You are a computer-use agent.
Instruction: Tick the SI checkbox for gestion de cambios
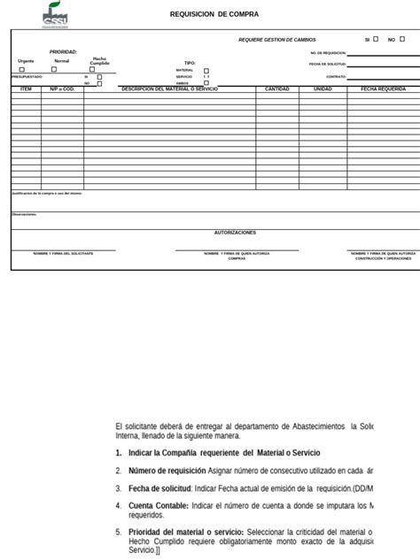click(x=375, y=39)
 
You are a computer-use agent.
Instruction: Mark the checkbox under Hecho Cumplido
click(x=99, y=69)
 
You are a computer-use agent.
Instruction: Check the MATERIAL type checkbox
click(x=206, y=70)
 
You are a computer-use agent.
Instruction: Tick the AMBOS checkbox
click(x=206, y=83)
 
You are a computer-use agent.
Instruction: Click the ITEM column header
click(x=26, y=89)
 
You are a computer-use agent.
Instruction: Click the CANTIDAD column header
click(x=277, y=89)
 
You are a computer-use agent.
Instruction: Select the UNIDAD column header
click(x=323, y=89)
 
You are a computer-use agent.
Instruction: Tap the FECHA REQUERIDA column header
click(x=383, y=89)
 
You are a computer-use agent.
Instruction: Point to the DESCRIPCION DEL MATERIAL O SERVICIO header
click(x=169, y=89)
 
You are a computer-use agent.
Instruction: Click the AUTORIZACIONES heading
click(x=235, y=233)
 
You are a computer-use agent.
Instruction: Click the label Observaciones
click(x=24, y=214)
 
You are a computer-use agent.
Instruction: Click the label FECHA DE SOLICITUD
click(x=327, y=64)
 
